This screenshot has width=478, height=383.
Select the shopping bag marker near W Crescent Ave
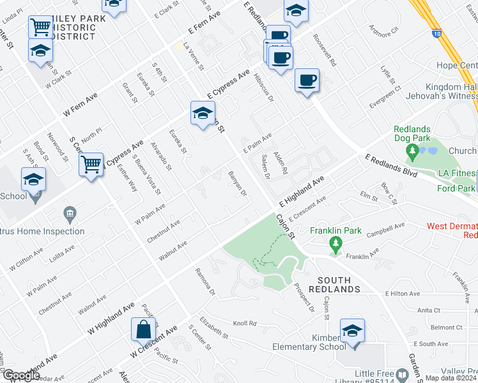[143, 330]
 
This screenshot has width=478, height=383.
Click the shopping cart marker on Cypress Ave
[92, 165]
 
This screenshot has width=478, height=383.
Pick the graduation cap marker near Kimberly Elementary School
[351, 331]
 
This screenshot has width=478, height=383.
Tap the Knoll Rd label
[244, 324]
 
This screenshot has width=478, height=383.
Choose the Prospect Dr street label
[305, 297]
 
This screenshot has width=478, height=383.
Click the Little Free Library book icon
[402, 374]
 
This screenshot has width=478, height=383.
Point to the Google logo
[20, 375]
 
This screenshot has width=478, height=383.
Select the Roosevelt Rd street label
[325, 47]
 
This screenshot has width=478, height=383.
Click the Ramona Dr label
[206, 281]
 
